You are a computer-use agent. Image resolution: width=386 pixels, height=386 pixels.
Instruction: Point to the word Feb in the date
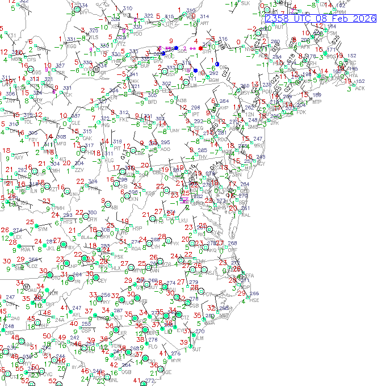coord(340,18)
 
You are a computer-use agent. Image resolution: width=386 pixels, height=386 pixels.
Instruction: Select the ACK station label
coord(360,88)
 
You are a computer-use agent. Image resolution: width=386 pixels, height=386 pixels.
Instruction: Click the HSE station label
coord(254,300)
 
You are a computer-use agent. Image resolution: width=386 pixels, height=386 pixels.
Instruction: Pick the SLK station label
coord(245,3)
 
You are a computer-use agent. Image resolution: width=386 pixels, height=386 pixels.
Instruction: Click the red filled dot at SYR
coord(200,48)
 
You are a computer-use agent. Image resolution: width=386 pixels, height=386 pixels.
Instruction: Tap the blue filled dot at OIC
coord(217,64)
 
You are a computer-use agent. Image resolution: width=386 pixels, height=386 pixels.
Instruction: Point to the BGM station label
coord(213,81)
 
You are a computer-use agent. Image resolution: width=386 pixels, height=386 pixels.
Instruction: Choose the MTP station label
coord(317,102)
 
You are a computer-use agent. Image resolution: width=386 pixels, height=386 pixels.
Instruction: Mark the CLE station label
coord(75,123)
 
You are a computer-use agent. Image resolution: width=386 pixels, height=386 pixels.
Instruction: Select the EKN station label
coord(134,199)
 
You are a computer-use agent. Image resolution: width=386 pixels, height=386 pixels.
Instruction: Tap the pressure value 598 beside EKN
coord(133,192)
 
